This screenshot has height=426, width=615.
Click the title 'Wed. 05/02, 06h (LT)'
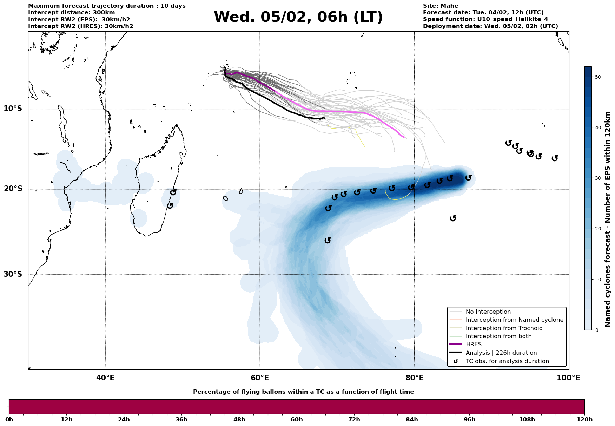pos(298,17)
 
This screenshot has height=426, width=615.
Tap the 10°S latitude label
pos(13,109)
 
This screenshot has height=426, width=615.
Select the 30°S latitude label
pos(13,274)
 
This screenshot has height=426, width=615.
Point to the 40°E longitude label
pos(105,378)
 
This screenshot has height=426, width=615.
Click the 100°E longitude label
pos(568,378)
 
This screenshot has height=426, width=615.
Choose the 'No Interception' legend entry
pos(488,312)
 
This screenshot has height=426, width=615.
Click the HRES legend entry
pos(474,345)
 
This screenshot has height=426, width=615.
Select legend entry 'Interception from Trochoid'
pos(504,328)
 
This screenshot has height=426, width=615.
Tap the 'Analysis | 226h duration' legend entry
pos(501,353)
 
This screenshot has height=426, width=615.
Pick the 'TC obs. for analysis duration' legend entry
pos(507,361)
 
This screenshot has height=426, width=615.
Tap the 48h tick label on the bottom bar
pos(239,420)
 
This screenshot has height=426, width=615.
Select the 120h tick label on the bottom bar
pos(584,420)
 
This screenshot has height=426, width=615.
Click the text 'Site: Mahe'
pos(440,6)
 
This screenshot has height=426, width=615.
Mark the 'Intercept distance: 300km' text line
pos(71,13)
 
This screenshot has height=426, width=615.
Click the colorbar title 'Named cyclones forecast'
pos(608,219)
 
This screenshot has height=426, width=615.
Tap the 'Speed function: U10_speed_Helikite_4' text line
pos(485,19)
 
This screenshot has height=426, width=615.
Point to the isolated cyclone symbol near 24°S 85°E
pos(453,218)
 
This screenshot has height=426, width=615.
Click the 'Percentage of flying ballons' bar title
pos(303,392)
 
